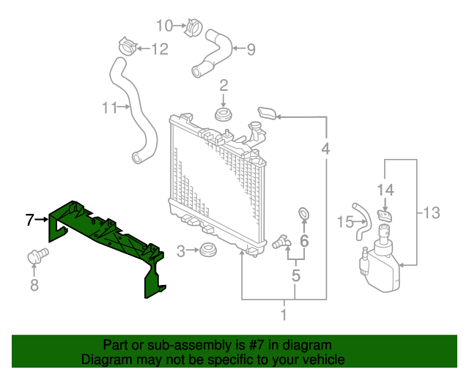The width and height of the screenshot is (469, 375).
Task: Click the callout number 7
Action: coord(29,219)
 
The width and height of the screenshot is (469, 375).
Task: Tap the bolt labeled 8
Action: coord(36,256)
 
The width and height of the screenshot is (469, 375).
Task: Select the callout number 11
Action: coord(109,108)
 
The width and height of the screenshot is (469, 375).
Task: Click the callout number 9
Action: coord(250,50)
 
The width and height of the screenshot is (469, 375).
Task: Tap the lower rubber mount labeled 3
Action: coord(208,251)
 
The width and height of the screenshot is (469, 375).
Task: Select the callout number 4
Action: coord(325,149)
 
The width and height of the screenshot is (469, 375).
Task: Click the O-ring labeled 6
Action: coord(303,214)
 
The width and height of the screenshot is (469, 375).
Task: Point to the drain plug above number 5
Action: coord(281,242)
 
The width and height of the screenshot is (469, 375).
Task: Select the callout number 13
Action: coord(431,213)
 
